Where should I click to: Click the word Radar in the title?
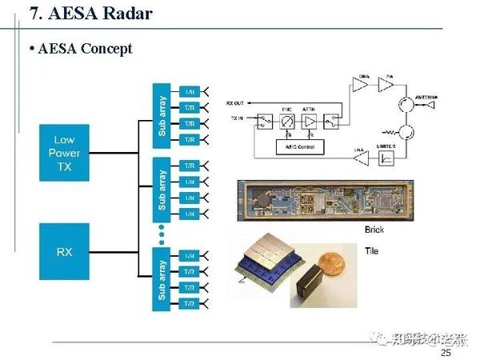122,14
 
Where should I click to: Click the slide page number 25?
446,353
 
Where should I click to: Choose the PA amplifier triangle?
387,84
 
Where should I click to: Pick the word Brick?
374,230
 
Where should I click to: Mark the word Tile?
370,250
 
